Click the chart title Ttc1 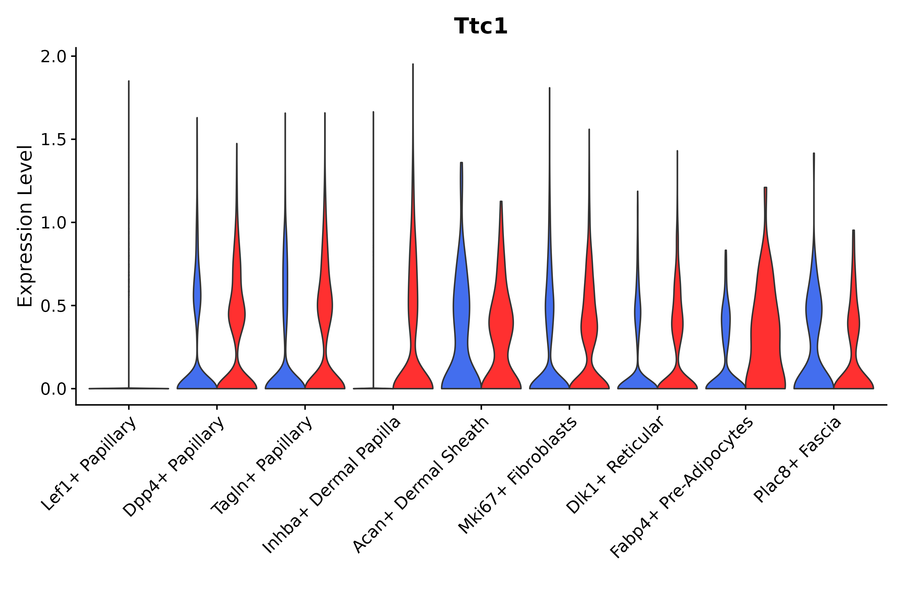[480, 26]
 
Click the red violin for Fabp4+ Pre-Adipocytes [765, 326]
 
